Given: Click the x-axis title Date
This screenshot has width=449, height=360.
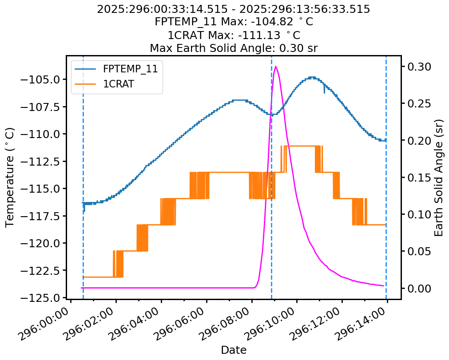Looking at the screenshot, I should (x=234, y=350).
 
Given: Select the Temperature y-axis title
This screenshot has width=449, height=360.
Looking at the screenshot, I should (x=10, y=178).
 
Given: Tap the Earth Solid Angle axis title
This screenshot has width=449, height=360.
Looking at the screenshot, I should (x=439, y=178).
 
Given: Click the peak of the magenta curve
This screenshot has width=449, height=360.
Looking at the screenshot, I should (x=276, y=67).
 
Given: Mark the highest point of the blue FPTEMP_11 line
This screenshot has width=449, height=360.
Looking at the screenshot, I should (x=313, y=77).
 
